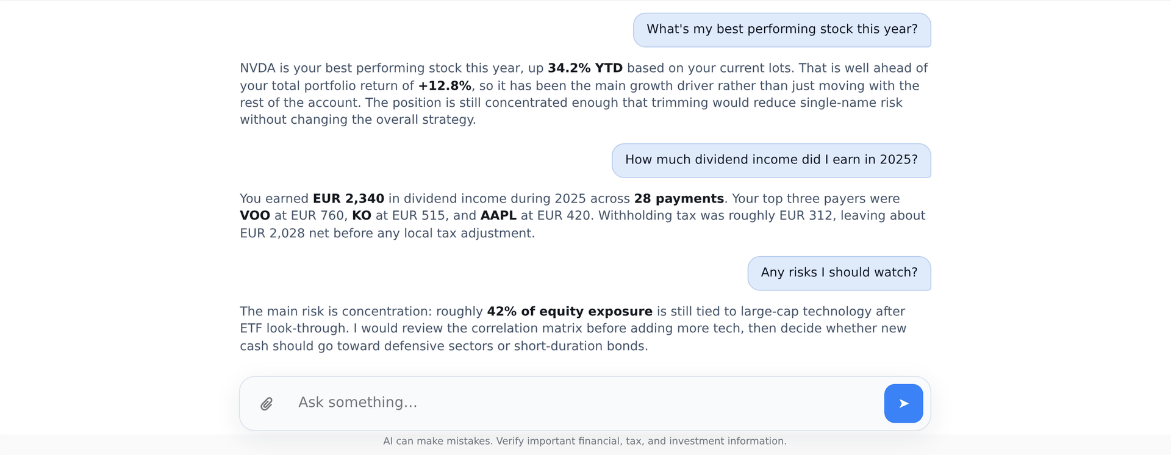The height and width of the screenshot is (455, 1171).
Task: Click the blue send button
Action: pyautogui.click(x=903, y=403)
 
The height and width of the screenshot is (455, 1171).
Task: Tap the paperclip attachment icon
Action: pyautogui.click(x=267, y=404)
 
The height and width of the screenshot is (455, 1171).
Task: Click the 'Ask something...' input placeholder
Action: pyautogui.click(x=357, y=403)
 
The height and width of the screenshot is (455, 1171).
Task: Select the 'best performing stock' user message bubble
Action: pyautogui.click(x=782, y=30)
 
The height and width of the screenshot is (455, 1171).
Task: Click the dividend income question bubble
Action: pyautogui.click(x=771, y=160)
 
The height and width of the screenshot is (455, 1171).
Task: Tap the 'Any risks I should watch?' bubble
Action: pyautogui.click(x=839, y=273)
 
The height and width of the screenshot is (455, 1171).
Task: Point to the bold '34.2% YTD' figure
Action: pyautogui.click(x=585, y=68)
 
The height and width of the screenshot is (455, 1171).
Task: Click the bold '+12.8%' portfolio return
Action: pyautogui.click(x=445, y=86)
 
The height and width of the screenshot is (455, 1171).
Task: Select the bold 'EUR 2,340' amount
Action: pyautogui.click(x=348, y=199)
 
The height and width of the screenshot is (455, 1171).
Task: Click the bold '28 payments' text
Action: pyautogui.click(x=679, y=199)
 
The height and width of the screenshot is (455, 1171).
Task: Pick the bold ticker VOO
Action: pyautogui.click(x=255, y=216)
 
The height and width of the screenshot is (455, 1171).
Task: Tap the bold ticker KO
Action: pyautogui.click(x=362, y=216)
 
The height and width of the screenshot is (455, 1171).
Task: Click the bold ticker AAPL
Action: pyautogui.click(x=498, y=216)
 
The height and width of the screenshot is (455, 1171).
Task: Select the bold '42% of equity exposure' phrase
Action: pyautogui.click(x=570, y=312)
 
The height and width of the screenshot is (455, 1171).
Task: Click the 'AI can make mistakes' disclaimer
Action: pyautogui.click(x=585, y=441)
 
